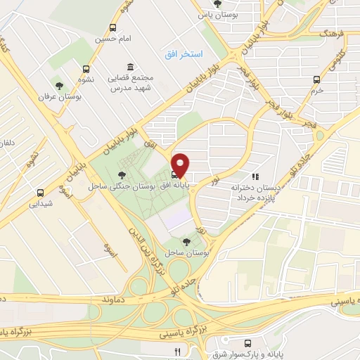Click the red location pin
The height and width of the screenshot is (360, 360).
click(x=181, y=165)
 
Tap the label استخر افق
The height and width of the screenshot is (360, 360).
click(x=184, y=54)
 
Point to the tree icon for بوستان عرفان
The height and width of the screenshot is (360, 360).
click(x=68, y=85)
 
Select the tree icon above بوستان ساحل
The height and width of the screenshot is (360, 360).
click(x=186, y=242)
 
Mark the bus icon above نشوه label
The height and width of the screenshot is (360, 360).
click(x=86, y=70)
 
